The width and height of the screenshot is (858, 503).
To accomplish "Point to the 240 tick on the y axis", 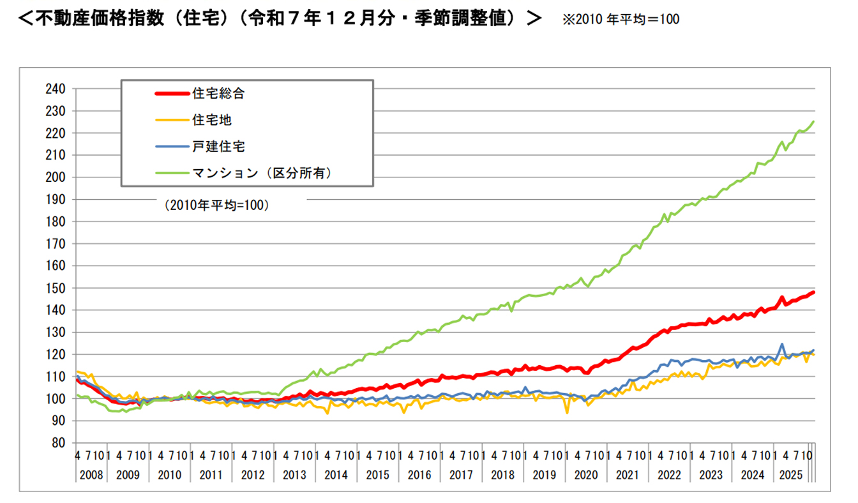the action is point(56,89).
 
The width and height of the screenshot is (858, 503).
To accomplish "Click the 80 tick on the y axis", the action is point(59,443).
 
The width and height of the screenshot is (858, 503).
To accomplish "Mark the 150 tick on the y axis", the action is point(56,288).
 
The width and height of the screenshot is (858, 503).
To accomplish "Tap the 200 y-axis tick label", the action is point(56,177).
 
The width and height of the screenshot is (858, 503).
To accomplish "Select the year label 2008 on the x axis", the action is point(91,475).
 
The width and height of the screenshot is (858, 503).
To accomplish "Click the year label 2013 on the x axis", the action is point(294,475).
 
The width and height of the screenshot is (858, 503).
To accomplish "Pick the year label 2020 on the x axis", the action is point(586,475).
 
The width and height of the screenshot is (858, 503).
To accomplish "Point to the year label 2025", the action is point(790,475).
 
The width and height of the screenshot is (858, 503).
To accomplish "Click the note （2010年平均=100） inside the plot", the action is point(217,206).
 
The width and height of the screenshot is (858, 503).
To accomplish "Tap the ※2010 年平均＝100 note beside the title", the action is point(621,19).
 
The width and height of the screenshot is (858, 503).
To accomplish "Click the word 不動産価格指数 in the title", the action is point(100,18).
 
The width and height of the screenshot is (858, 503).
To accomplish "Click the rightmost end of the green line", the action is point(813,121).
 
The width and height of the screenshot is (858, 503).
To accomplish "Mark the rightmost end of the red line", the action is point(813,292).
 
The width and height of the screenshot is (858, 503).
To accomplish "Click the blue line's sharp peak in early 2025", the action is point(782,344).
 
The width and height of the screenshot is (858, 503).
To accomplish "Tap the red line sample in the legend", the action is point(172,93).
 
